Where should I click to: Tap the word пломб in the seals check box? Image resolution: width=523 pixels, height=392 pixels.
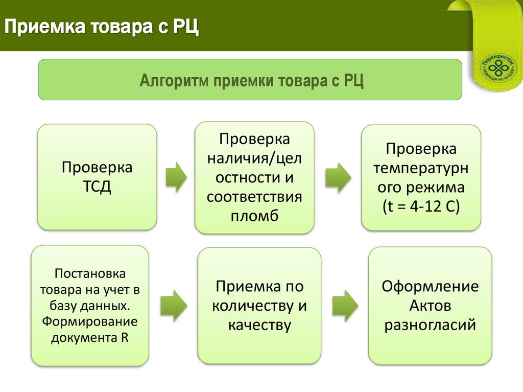(x=254, y=216)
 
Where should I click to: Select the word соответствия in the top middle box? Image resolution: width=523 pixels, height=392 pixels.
(x=254, y=197)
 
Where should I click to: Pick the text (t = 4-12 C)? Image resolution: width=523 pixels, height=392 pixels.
(x=421, y=207)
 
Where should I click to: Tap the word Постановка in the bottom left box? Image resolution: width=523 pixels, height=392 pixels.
(x=90, y=274)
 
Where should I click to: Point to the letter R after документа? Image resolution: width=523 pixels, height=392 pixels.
(x=125, y=338)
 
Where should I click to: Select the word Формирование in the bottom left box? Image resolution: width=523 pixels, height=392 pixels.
(x=90, y=322)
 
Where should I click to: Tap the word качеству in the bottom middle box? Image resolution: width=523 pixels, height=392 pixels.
(x=259, y=325)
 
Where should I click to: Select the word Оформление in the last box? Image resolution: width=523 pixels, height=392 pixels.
(x=430, y=286)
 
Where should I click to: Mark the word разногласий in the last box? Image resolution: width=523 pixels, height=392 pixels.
(x=430, y=325)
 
